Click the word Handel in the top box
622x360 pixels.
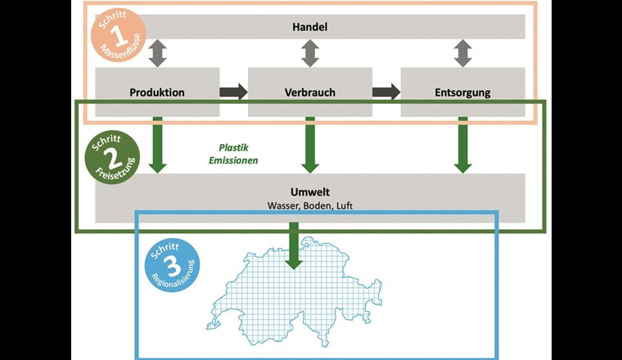[309, 28]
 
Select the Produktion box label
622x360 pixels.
[157, 92]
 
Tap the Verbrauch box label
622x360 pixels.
[310, 92]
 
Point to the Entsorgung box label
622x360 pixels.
[462, 92]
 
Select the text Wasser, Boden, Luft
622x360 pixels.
[309, 205]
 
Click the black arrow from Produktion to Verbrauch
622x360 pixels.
[233, 92]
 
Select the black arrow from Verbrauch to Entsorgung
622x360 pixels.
[386, 92]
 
